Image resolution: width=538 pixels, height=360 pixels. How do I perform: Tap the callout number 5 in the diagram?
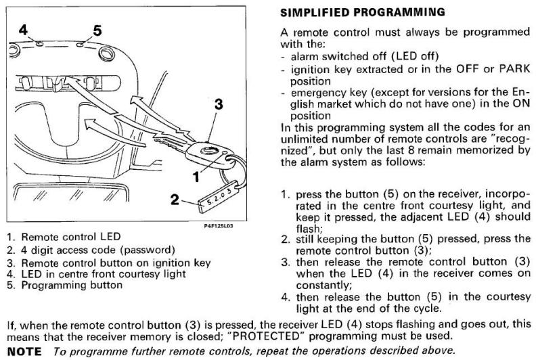[96, 30]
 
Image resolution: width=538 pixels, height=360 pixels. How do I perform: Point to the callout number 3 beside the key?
[219, 105]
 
